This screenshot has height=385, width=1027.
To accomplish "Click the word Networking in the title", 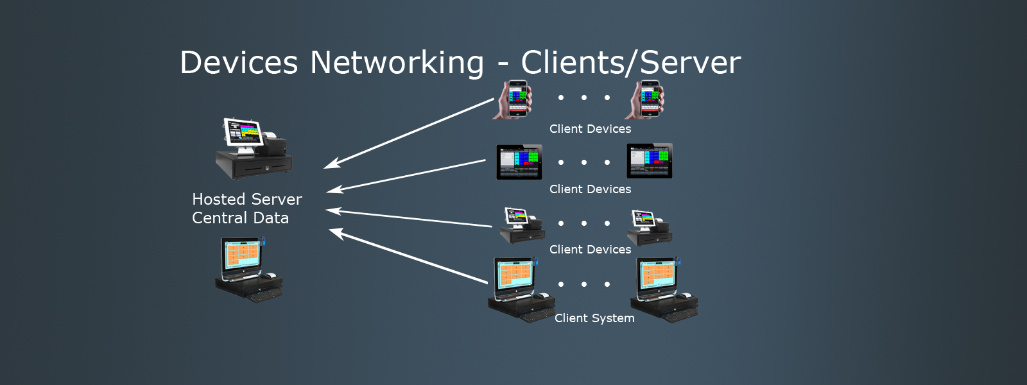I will pyautogui.click(x=397, y=63).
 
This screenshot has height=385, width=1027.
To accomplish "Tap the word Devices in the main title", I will pyautogui.click(x=239, y=63).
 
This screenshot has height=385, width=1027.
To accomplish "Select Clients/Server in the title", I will pyautogui.click(x=630, y=63).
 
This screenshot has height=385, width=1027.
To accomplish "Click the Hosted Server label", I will pyautogui.click(x=247, y=200).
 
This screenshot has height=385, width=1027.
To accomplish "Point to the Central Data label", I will pyautogui.click(x=241, y=218).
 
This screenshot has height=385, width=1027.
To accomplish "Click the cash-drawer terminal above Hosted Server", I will pyautogui.click(x=253, y=149).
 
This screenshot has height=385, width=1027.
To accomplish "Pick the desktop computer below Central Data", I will pyautogui.click(x=248, y=269).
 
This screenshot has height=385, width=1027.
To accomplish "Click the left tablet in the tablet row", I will pyautogui.click(x=519, y=162).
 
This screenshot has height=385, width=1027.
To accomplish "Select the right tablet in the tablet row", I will pyautogui.click(x=650, y=161).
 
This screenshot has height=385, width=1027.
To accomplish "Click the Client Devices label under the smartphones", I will pyautogui.click(x=590, y=129).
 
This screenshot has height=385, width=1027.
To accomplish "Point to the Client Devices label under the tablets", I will pyautogui.click(x=590, y=189).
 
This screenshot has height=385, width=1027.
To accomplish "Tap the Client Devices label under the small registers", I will pyautogui.click(x=590, y=250).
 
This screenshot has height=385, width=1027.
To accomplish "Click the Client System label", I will pyautogui.click(x=594, y=318).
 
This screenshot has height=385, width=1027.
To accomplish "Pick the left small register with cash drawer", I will pyautogui.click(x=522, y=226).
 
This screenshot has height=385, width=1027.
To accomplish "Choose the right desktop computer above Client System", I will pyautogui.click(x=664, y=289).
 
